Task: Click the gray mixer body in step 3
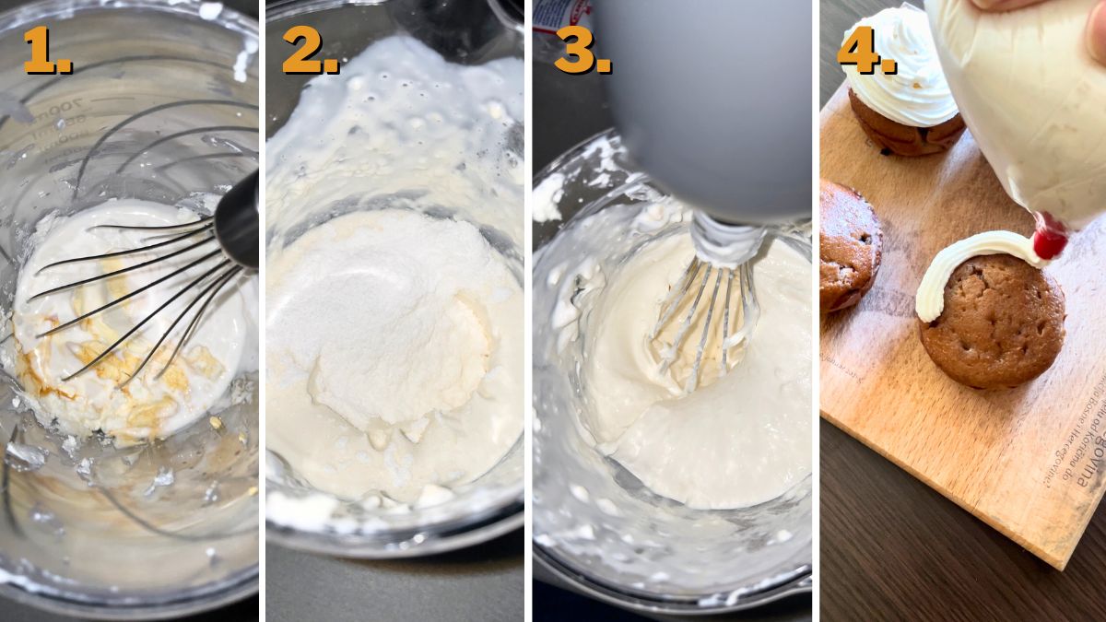click(x=710, y=101)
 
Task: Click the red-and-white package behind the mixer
click(x=563, y=14)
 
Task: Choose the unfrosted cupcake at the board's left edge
click(x=848, y=244)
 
